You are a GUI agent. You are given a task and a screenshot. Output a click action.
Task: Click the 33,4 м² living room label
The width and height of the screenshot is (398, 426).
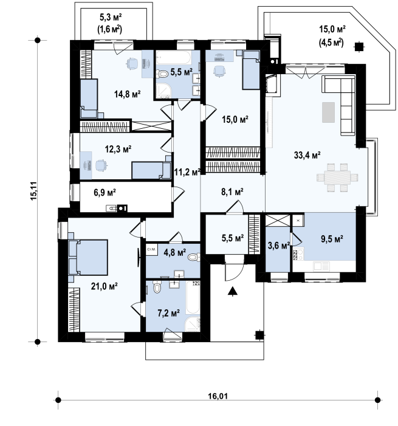307,155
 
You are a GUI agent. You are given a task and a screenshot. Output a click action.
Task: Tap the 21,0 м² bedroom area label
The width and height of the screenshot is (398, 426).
104,286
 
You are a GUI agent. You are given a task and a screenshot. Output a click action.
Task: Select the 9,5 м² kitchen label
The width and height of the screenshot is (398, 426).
332,239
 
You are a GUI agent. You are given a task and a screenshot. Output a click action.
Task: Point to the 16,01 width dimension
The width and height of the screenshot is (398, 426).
218,396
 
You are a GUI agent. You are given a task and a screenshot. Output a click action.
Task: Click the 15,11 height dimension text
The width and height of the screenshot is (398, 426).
34,191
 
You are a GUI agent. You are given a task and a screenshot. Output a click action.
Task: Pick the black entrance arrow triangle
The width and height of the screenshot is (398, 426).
233,291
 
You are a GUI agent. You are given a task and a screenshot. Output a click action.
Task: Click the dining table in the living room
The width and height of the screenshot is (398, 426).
337,177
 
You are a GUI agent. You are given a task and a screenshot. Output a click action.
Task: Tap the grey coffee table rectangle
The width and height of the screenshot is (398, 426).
329,112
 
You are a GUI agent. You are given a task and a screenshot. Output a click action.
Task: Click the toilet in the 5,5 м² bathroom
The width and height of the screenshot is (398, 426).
163,74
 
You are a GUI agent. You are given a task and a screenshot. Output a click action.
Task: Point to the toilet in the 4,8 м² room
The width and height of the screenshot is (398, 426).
194,257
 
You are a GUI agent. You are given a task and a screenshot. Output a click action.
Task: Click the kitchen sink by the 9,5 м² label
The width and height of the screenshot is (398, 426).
321,267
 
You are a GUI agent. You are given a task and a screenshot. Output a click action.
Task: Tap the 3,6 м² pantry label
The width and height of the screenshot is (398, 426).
279,246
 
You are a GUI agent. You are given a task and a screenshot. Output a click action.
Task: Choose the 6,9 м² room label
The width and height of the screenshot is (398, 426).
105,193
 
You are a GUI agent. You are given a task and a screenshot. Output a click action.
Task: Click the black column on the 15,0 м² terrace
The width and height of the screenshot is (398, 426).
359,47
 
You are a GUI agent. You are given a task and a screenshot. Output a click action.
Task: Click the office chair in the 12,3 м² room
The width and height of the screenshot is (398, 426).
101,166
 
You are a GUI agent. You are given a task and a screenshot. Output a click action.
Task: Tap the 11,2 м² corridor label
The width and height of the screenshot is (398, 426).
187,172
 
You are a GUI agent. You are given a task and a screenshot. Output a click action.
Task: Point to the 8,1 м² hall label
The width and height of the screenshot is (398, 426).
232,192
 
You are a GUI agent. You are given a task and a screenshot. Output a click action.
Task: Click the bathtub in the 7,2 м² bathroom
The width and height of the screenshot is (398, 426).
193,298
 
